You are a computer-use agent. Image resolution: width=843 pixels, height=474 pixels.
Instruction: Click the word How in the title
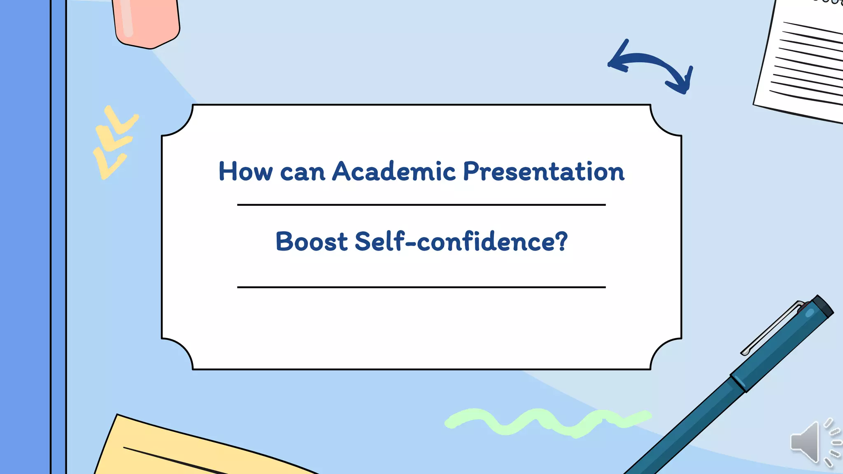coord(245,171)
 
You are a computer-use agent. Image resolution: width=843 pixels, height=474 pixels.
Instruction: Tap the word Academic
coord(394,171)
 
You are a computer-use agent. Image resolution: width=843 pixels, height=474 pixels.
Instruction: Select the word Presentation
coord(544,171)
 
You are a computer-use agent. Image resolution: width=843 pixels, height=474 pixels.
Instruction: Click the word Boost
coord(312,242)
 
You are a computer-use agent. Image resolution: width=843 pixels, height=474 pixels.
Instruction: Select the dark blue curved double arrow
coord(650,64)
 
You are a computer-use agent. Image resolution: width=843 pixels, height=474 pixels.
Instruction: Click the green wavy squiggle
coord(547,422)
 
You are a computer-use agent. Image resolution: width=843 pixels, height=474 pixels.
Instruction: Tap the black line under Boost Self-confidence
coord(421,287)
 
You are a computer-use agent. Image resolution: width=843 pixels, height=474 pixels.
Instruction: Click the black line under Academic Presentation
coord(421,204)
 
